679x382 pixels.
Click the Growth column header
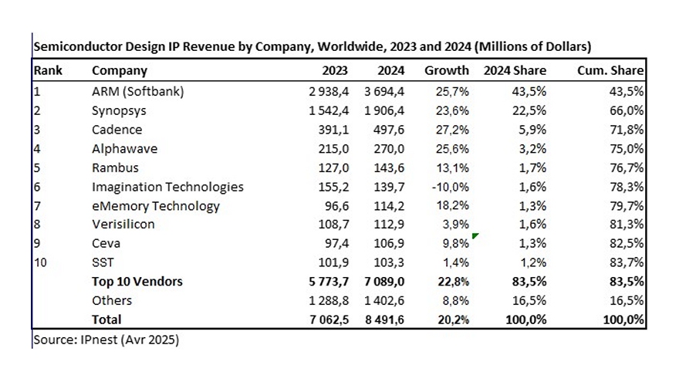446,71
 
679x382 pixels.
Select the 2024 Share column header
515,71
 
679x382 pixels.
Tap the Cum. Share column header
610,71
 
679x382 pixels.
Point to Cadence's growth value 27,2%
452,130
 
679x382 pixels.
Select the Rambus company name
113,167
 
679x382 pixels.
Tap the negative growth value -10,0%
450,187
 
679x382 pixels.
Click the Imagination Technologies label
167,187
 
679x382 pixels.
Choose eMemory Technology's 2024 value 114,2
389,206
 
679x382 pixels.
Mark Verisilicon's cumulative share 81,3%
627,225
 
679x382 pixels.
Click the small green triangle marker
475,236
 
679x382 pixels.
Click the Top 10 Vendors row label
137,282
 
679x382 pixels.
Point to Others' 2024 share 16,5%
530,300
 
